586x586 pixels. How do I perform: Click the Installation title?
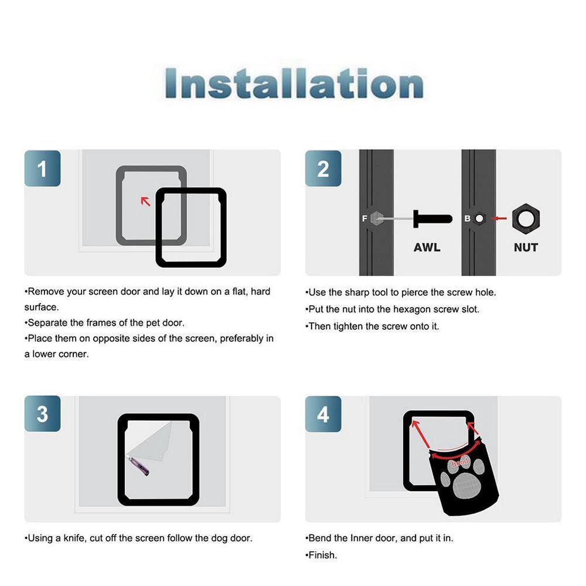(x=294, y=84)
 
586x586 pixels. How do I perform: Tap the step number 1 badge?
(x=42, y=169)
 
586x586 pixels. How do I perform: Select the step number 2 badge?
(x=323, y=169)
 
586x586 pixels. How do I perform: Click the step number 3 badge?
(x=42, y=414)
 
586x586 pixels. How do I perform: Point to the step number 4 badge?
(x=323, y=414)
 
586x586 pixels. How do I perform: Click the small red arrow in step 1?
(x=145, y=201)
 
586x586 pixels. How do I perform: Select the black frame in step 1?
(x=191, y=263)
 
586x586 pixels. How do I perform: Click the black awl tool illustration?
(x=432, y=219)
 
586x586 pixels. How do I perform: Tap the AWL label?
(x=427, y=247)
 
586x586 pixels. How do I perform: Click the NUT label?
(x=526, y=247)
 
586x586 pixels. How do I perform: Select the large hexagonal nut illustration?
(x=526, y=219)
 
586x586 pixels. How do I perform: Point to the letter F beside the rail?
(x=364, y=219)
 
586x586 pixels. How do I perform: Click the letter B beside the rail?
(x=467, y=219)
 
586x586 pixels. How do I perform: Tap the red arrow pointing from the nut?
(x=499, y=219)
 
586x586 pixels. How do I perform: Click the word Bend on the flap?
(x=459, y=463)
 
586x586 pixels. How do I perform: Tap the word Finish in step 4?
(x=323, y=554)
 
